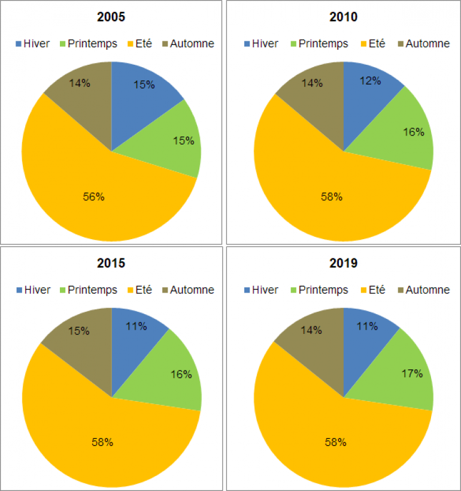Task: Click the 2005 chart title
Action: click(x=111, y=17)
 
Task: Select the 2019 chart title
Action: click(x=343, y=263)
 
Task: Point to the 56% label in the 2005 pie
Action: click(x=93, y=197)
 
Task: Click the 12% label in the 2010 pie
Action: click(x=371, y=80)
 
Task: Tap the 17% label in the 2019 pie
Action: click(x=413, y=373)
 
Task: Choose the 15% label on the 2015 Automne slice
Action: click(x=79, y=331)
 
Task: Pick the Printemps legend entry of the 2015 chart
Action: click(x=87, y=290)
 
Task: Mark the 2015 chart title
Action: click(x=111, y=263)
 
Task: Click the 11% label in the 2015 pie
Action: click(x=137, y=327)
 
